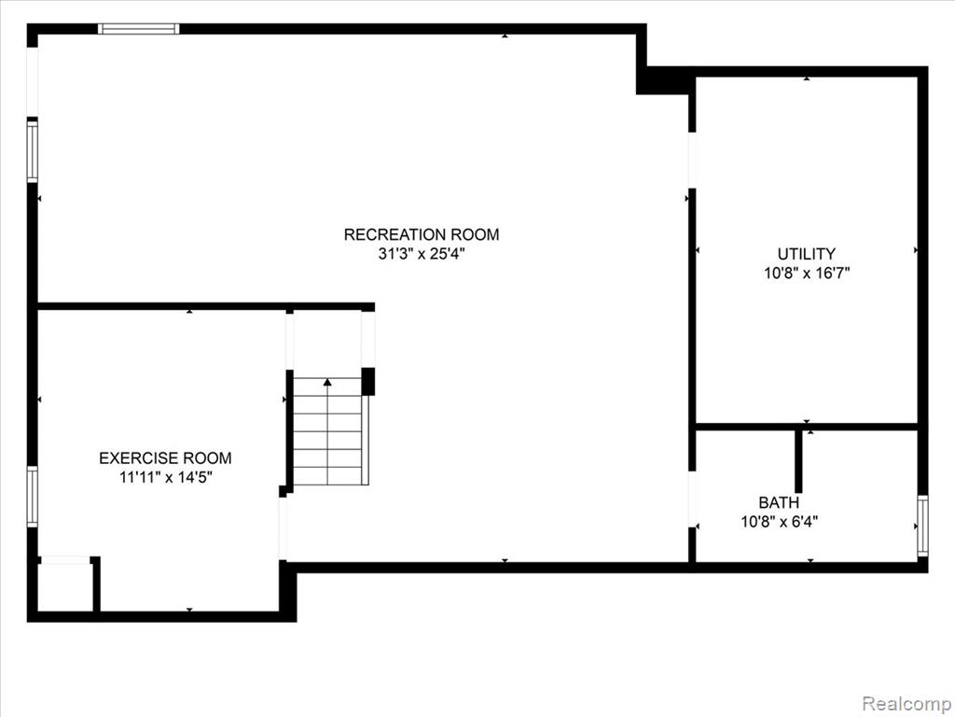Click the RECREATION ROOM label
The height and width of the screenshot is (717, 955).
pyautogui.click(x=422, y=234)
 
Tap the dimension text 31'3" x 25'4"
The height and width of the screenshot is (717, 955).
pyautogui.click(x=422, y=254)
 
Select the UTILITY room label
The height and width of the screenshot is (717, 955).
pyautogui.click(x=807, y=254)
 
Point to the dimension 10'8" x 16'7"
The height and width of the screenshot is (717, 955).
pyautogui.click(x=807, y=273)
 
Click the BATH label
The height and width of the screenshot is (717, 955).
pyautogui.click(x=779, y=502)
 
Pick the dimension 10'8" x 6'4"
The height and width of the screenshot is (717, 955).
pyautogui.click(x=779, y=521)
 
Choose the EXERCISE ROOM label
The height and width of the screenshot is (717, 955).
pyautogui.click(x=165, y=457)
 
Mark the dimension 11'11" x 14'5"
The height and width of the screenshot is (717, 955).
pyautogui.click(x=165, y=477)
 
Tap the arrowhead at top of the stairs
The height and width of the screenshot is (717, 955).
pyautogui.click(x=327, y=382)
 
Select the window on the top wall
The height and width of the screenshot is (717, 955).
pyautogui.click(x=139, y=29)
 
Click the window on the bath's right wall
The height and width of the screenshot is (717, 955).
pyautogui.click(x=922, y=526)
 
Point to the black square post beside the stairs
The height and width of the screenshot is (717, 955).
pyautogui.click(x=367, y=382)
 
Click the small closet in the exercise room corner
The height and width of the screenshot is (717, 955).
pyautogui.click(x=64, y=586)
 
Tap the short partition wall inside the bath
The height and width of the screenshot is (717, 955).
pyautogui.click(x=798, y=460)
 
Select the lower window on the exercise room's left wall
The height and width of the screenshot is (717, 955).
pyautogui.click(x=33, y=497)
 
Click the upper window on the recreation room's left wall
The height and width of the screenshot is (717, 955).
pyautogui.click(x=33, y=151)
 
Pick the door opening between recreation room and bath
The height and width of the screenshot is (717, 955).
pyautogui.click(x=692, y=499)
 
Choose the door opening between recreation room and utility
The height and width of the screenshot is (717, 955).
pyautogui.click(x=692, y=160)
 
